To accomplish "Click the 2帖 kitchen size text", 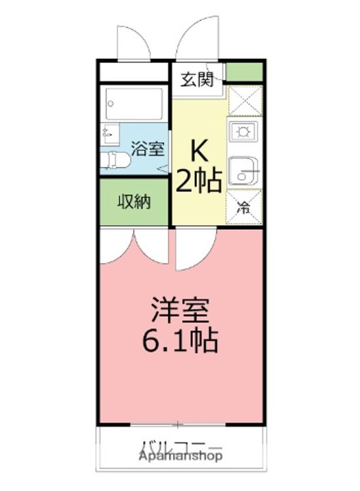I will [198, 181].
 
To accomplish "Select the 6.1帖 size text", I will [179, 339].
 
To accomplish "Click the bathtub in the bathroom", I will [134, 103].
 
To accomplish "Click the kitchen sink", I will [243, 170].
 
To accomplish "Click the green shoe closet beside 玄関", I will [244, 72].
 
